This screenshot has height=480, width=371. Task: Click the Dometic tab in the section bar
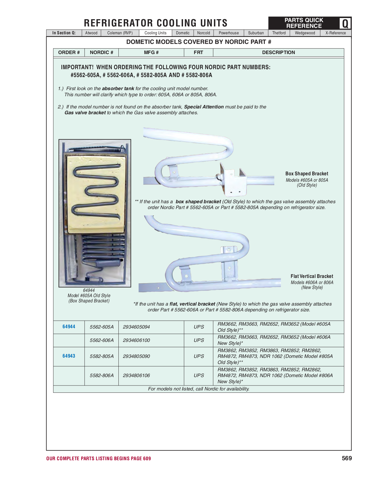182,33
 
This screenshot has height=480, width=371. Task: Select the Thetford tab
279,33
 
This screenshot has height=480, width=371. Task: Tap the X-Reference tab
336,33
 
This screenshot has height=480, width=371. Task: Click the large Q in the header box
345,23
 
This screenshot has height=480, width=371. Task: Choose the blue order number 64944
69,327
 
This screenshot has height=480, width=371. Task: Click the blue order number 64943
69,356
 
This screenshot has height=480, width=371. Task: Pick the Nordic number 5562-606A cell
102,340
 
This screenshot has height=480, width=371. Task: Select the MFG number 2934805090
136,356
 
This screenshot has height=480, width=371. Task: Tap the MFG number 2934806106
136,375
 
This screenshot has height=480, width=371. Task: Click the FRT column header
198,52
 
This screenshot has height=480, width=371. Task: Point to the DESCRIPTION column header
278,52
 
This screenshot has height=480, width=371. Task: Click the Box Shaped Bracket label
307,174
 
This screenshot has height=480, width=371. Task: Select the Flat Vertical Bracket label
312,276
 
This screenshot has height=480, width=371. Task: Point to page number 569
347,458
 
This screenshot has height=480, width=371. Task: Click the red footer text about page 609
98,458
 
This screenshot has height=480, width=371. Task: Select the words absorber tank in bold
118,88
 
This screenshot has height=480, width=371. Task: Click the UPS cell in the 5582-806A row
198,375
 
